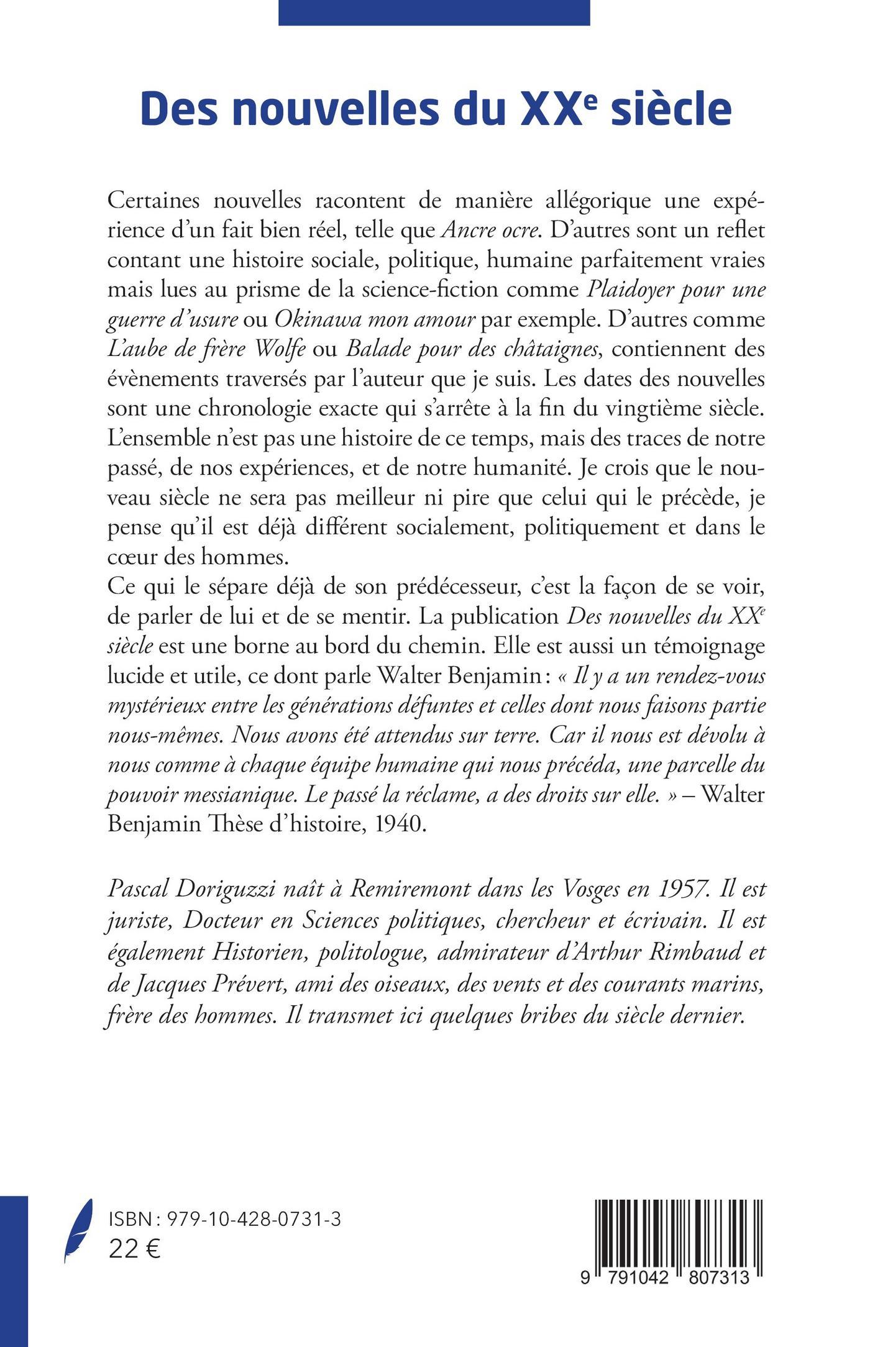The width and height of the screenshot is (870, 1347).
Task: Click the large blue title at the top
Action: coord(436,109)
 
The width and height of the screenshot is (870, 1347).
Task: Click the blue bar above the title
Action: coord(434,12)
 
